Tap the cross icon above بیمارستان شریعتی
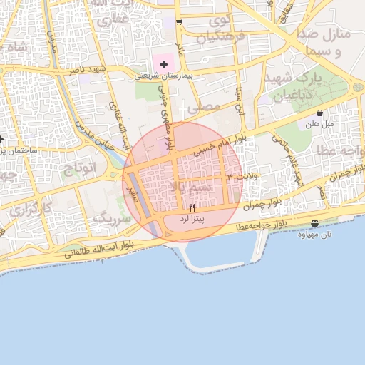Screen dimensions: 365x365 pyautogui.click(x=163, y=64)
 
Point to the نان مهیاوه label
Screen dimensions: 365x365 pyautogui.click(x=315, y=234)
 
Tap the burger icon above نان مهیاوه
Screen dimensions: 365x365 pyautogui.click(x=315, y=224)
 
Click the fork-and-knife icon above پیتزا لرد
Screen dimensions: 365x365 pyautogui.click(x=192, y=207)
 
